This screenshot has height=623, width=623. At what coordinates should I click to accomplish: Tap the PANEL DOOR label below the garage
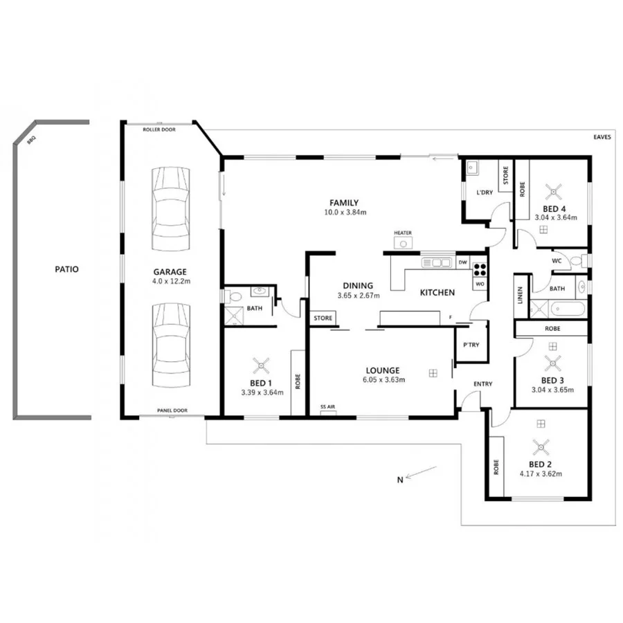click(172, 411)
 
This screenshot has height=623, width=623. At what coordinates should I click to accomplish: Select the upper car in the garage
click(170, 210)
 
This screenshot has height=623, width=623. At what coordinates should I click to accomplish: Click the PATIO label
click(67, 269)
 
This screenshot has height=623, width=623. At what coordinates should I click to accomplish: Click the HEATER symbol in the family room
click(403, 242)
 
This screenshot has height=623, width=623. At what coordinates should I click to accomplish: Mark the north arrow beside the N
click(422, 474)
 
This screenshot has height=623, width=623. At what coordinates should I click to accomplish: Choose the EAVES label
click(602, 138)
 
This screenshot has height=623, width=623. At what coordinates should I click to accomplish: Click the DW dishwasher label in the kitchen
click(462, 263)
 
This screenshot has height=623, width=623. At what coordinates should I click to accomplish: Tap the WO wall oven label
click(480, 284)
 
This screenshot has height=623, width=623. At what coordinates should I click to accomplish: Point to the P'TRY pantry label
click(462, 344)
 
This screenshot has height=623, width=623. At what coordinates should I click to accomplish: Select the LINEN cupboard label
click(520, 295)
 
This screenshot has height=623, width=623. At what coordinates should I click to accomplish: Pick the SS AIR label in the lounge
click(328, 406)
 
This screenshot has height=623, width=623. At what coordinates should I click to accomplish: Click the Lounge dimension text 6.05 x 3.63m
click(383, 379)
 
